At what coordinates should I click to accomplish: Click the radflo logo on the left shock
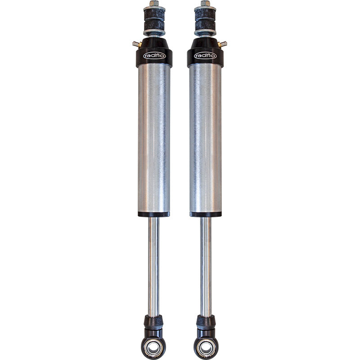pos(154,55)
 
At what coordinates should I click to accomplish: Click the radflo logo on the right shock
pos(205,55)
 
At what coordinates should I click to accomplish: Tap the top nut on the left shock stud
pos(154,4)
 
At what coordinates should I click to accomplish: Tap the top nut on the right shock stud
pos(205,4)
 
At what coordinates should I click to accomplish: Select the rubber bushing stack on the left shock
pos(154,19)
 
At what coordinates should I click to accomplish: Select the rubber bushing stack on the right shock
pos(205,19)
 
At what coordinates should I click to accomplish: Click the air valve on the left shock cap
pos(135,44)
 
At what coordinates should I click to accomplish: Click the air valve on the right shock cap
pos(223,44)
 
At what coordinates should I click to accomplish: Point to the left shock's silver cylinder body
pos(154,135)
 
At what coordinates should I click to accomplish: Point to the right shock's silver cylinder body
pos(205,135)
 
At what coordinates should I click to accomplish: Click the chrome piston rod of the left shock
pos(154,265)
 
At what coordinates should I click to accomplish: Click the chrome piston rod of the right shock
pos(205,265)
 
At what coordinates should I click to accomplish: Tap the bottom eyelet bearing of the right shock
pos(205,347)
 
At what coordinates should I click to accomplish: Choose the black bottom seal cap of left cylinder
pos(154,214)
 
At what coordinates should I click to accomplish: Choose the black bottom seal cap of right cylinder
pos(205,214)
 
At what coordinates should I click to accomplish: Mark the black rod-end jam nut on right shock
pos(205,321)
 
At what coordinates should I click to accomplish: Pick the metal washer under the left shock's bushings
pos(154,33)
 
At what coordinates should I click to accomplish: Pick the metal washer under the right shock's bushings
pos(205,33)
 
